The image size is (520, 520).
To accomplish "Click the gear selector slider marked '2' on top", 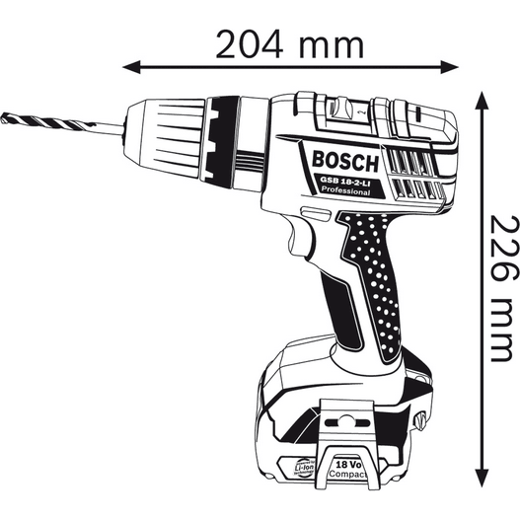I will point(361,111).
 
